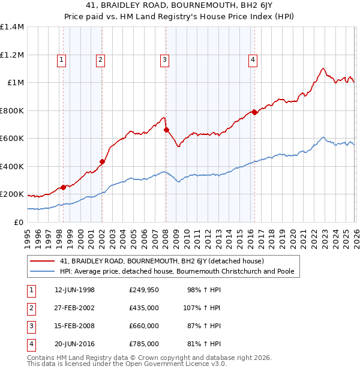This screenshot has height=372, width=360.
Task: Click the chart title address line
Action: pyautogui.click(x=179, y=7)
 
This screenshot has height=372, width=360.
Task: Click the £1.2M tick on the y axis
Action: pyautogui.click(x=12, y=55)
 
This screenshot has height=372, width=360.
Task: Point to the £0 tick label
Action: pyautogui.click(x=18, y=223)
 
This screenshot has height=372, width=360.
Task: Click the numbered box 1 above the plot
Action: pyautogui.click(x=63, y=59)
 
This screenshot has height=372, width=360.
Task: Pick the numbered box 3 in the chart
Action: pyautogui.click(x=164, y=59)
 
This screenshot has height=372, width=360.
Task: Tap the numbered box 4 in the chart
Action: pyautogui.click(x=253, y=59)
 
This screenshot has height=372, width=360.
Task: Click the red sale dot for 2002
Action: pyautogui.click(x=103, y=161)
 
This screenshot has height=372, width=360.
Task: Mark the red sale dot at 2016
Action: pyautogui.click(x=254, y=112)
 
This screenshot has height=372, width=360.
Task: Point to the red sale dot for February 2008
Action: pyautogui.click(x=166, y=130)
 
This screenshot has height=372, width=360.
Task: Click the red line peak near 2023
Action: pyautogui.click(x=323, y=68)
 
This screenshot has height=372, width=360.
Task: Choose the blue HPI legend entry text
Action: pyautogui.click(x=176, y=271)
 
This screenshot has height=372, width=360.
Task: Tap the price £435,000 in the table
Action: pyautogui.click(x=143, y=308)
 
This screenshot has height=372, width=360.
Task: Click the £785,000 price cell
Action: pyautogui.click(x=143, y=344)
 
